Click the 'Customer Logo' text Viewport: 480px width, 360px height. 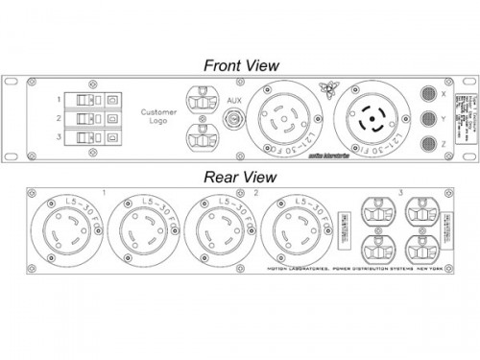tap(158, 117)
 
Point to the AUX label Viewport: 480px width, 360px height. tap(233, 100)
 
